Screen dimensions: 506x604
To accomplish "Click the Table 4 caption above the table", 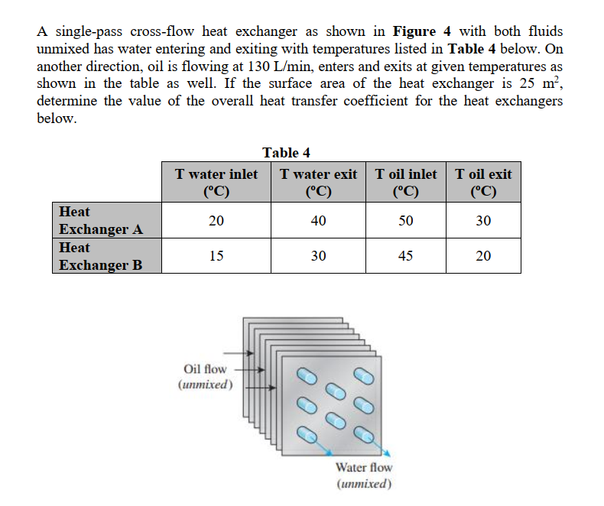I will [x=286, y=153].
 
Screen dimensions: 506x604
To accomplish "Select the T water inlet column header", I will [x=216, y=182].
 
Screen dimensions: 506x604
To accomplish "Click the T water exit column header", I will [x=319, y=182].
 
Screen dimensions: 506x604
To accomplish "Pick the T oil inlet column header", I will [x=406, y=182].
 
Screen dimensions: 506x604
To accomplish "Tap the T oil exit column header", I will [x=483, y=182].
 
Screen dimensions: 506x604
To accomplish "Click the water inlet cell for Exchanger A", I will [x=216, y=221].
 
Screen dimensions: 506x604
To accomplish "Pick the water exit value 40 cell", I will [x=319, y=221].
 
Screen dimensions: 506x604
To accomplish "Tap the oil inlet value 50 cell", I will [x=406, y=221].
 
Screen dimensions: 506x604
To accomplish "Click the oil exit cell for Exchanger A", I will [x=483, y=221].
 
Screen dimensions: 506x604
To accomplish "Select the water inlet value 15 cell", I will [x=216, y=256].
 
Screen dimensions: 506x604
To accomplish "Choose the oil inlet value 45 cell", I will [x=406, y=256].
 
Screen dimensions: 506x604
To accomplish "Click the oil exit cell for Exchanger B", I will [x=483, y=256].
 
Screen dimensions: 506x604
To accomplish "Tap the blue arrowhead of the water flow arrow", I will [x=388, y=452].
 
